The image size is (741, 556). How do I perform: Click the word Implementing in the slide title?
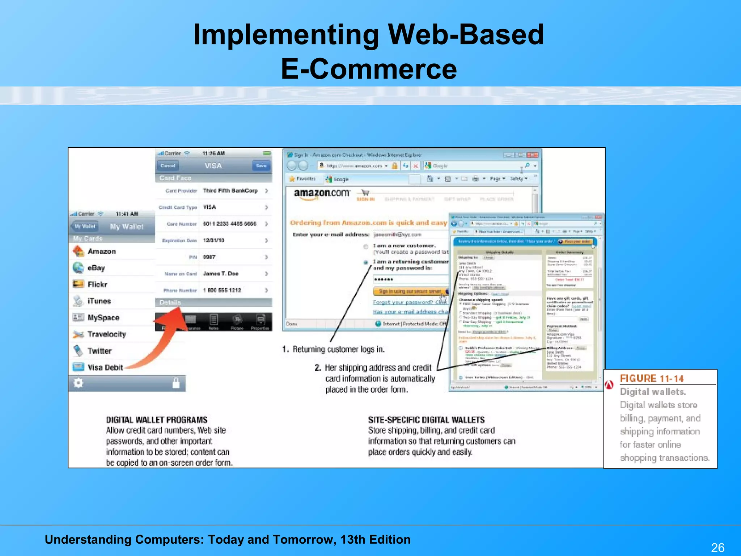point(286,35)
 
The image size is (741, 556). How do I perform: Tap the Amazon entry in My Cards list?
point(101,251)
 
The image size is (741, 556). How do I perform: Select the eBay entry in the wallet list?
point(96,268)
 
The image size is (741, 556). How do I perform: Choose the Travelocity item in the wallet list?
point(106,334)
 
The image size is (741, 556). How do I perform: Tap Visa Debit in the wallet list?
point(105,367)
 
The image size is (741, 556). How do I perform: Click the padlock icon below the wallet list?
point(176,383)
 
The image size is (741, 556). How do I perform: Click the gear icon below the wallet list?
point(79,383)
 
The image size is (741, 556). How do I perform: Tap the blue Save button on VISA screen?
point(261,166)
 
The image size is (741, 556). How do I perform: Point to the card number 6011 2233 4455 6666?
point(229,224)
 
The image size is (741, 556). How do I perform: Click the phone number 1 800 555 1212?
point(222,290)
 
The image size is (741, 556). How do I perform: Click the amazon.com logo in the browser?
point(322,194)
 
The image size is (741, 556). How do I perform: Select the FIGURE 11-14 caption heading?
point(652,379)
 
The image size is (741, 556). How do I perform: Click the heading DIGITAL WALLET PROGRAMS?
point(157,420)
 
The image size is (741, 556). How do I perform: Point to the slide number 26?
point(717,547)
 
